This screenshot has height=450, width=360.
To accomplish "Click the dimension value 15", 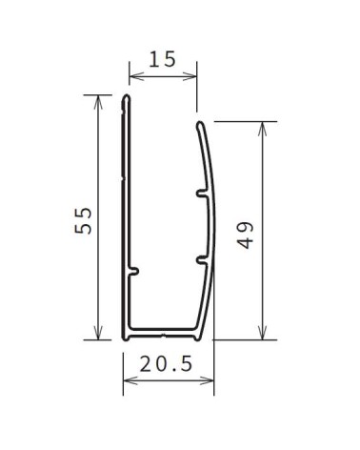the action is (162, 59).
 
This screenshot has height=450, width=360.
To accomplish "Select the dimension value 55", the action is (84, 220).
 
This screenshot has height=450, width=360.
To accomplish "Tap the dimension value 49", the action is (246, 235).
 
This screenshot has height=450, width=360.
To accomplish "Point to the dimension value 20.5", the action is (166, 364).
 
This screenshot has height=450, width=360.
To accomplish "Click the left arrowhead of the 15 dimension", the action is (136, 76).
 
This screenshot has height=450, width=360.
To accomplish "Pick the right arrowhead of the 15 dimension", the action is (190, 76).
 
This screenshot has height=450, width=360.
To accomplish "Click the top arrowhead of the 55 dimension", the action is (98, 102).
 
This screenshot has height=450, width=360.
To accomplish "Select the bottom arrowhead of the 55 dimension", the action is (98, 333).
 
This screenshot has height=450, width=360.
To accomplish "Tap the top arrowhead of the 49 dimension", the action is (262, 129).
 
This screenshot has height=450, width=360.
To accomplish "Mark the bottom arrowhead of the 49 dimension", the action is (262, 333).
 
